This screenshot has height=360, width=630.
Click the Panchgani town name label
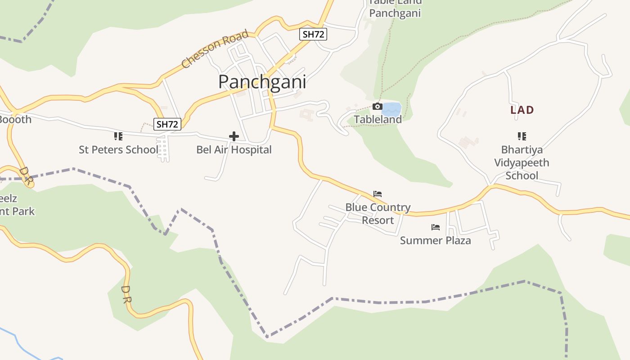click(x=262, y=82)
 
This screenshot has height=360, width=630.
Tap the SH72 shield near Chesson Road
click(x=313, y=34)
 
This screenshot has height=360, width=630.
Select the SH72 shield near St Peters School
click(x=167, y=124)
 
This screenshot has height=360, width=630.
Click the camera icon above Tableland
click(x=378, y=107)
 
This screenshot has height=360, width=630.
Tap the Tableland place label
click(x=378, y=119)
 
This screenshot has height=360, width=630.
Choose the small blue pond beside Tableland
click(x=391, y=109)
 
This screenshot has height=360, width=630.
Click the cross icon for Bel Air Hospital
click(x=234, y=136)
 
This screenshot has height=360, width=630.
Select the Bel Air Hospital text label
click(x=234, y=149)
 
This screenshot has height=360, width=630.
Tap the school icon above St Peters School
click(x=118, y=136)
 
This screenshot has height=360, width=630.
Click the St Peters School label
click(x=118, y=149)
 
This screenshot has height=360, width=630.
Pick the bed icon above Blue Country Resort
click(x=378, y=194)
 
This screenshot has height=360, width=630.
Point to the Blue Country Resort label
click(x=378, y=214)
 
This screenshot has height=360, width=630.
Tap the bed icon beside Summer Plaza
click(x=435, y=227)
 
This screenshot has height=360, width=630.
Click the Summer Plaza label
click(x=435, y=240)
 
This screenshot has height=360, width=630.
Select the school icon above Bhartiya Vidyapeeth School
click(x=522, y=136)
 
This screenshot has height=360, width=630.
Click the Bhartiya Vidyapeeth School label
click(x=522, y=162)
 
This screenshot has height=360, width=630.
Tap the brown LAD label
click(x=522, y=110)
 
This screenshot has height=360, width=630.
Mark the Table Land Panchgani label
click(x=395, y=8)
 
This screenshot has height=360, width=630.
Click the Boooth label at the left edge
click(x=15, y=119)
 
